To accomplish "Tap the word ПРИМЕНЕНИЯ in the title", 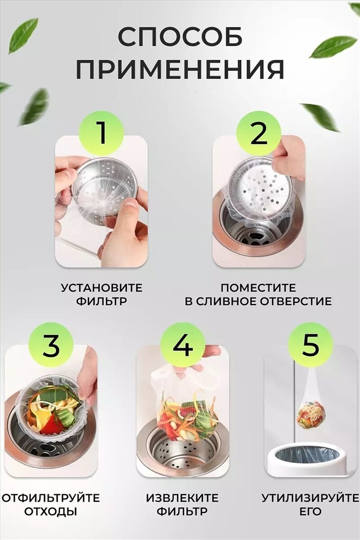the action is (x=180, y=69).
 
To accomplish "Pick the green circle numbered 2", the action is (x=259, y=133).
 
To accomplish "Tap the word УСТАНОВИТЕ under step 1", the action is (x=101, y=288).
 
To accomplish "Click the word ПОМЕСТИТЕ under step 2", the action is (x=258, y=288).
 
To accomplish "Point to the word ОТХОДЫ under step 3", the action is (x=50, y=511).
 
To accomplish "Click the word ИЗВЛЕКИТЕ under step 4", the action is (x=182, y=498).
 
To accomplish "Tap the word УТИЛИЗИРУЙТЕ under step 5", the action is (x=310, y=498).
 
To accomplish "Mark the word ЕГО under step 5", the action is (x=310, y=511).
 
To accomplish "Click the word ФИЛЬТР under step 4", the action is (x=182, y=511).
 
